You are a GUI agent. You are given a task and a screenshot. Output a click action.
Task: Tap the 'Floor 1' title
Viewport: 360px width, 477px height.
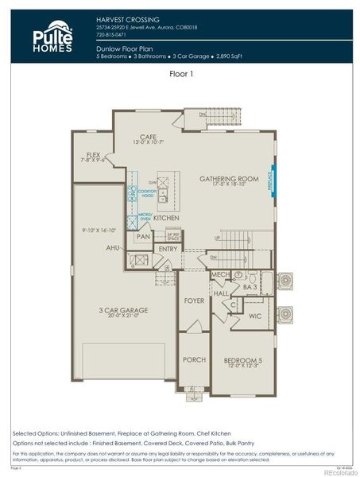pyautogui.click(x=182, y=73)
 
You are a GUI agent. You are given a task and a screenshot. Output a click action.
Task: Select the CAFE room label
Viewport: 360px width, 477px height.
pyautogui.click(x=148, y=137)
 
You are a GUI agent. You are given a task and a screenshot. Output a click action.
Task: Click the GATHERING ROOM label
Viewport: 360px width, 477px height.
pyautogui.click(x=229, y=179)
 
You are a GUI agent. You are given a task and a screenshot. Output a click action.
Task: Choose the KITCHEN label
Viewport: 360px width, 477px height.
pyautogui.click(x=166, y=217)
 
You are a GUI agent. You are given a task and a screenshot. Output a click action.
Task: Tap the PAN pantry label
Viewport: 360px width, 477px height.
pyautogui.click(x=143, y=236)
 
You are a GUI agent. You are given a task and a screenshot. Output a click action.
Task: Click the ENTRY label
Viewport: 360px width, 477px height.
pyautogui.click(x=168, y=249)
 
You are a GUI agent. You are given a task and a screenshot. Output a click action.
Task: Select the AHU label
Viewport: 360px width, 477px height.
pyautogui.click(x=113, y=248)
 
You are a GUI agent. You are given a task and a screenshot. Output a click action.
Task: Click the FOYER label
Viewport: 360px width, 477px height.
pyautogui.click(x=194, y=301)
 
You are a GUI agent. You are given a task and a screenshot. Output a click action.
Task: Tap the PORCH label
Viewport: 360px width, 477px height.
pyautogui.click(x=194, y=359)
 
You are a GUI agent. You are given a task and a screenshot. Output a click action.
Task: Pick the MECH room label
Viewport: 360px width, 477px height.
pyautogui.click(x=220, y=275)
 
